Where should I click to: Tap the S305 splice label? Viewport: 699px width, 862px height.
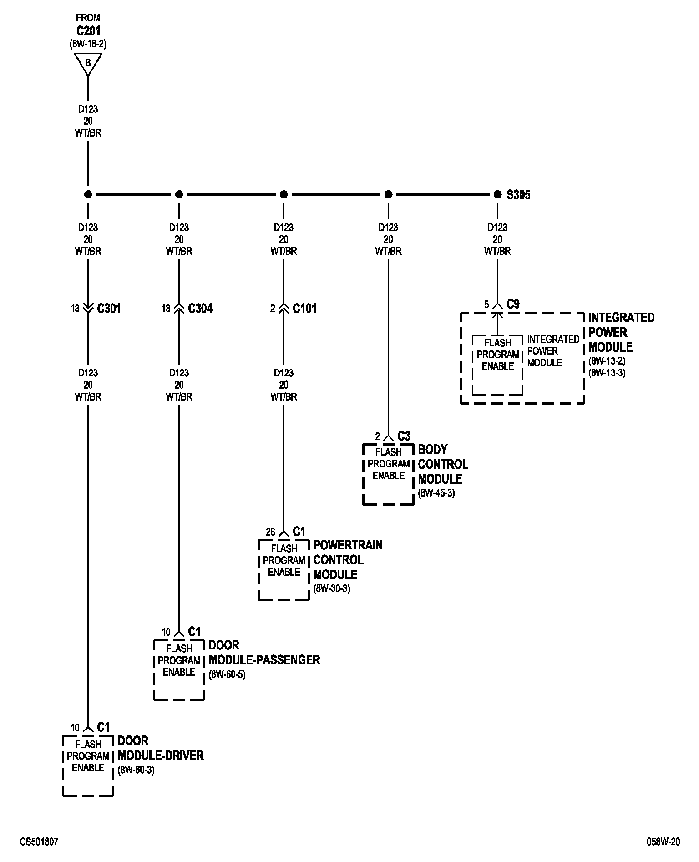pyautogui.click(x=518, y=195)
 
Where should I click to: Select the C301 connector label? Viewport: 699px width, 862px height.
pyautogui.click(x=109, y=309)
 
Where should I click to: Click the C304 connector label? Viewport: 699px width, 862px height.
pyautogui.click(x=200, y=309)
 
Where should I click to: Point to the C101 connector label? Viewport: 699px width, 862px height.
pyautogui.click(x=304, y=309)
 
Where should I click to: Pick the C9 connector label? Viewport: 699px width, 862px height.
pyautogui.click(x=513, y=304)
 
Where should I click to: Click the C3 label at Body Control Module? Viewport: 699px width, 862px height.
pyautogui.click(x=404, y=436)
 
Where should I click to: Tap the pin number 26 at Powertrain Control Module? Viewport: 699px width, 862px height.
pyautogui.click(x=270, y=532)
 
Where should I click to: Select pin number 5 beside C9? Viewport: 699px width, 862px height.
pyautogui.click(x=486, y=304)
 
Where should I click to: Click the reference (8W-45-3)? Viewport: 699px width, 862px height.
pyautogui.click(x=436, y=493)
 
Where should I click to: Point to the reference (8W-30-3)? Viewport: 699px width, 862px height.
pyautogui.click(x=331, y=588)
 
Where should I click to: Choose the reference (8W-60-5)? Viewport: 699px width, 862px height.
pyautogui.click(x=227, y=674)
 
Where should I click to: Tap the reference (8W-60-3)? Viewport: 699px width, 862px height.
pyautogui.click(x=136, y=770)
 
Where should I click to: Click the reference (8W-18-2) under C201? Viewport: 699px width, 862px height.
pyautogui.click(x=88, y=44)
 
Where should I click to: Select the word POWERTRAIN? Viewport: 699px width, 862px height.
pyautogui.click(x=348, y=545)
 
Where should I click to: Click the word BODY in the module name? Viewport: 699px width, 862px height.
pyautogui.click(x=433, y=449)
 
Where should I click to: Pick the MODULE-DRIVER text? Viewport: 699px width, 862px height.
pyautogui.click(x=161, y=756)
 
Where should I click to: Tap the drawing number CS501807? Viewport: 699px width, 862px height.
pyautogui.click(x=39, y=842)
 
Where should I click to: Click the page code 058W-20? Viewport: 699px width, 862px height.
pyautogui.click(x=663, y=842)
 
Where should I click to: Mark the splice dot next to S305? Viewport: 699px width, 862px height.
pyautogui.click(x=497, y=195)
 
